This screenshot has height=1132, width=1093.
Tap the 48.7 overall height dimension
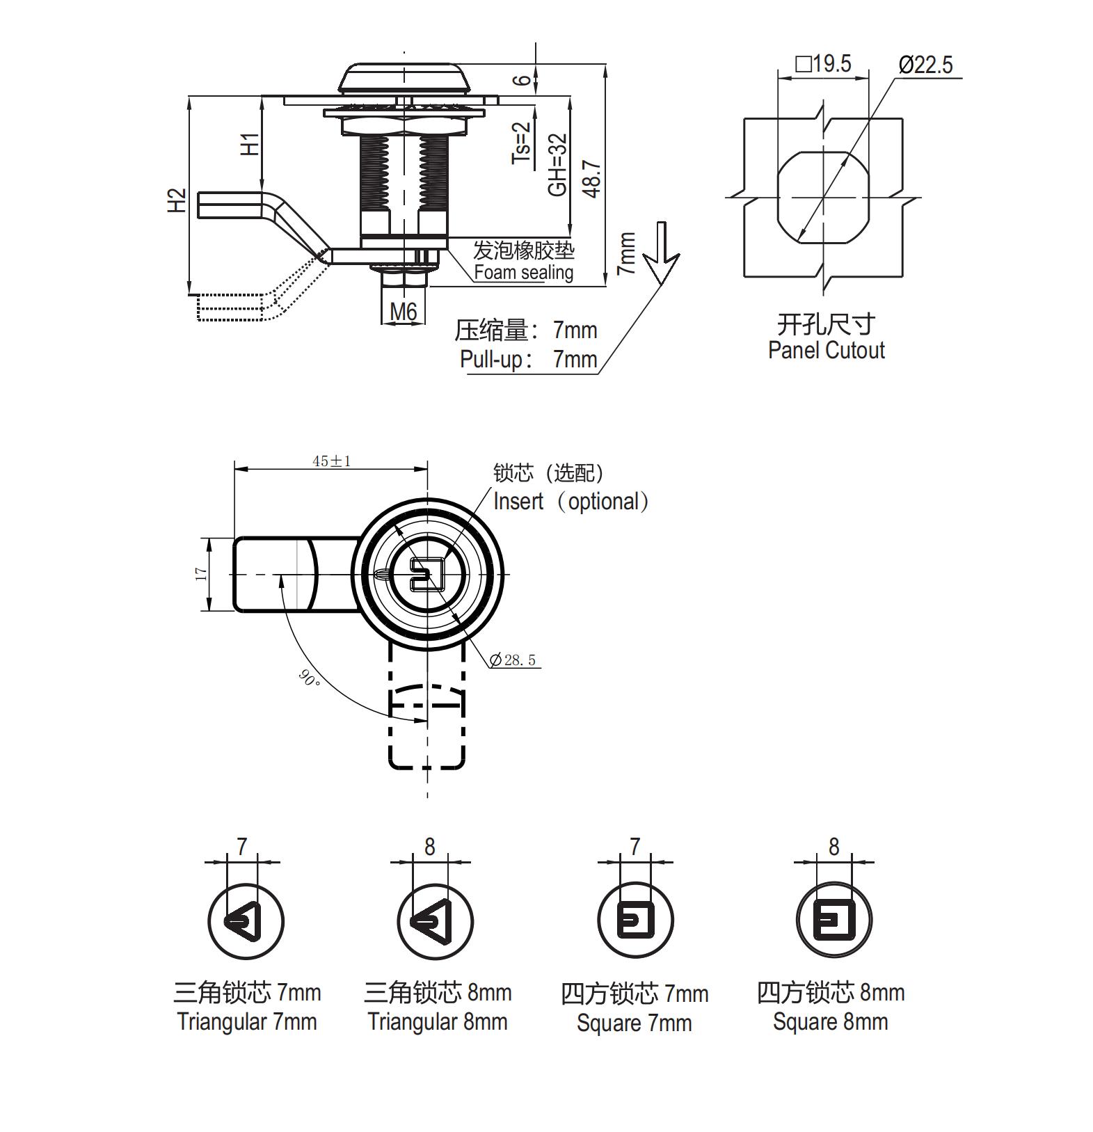[593, 179]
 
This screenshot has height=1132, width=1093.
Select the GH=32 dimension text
[558, 165]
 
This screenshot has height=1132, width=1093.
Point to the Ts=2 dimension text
[521, 143]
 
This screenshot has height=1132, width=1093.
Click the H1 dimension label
[250, 144]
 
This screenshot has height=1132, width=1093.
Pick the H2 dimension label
[177, 200]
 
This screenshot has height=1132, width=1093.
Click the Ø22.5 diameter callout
[925, 65]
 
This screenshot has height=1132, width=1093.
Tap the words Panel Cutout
[826, 350]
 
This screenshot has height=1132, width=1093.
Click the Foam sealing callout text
[523, 272]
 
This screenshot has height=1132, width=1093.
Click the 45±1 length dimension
[331, 461]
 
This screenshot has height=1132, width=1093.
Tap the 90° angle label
[309, 677]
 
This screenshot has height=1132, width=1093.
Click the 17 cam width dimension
[202, 574]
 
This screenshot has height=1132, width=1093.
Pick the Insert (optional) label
[571, 501]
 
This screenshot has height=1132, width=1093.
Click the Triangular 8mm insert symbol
[435, 922]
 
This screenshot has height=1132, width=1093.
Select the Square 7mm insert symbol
[635, 920]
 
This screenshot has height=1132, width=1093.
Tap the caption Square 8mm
[830, 1021]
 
